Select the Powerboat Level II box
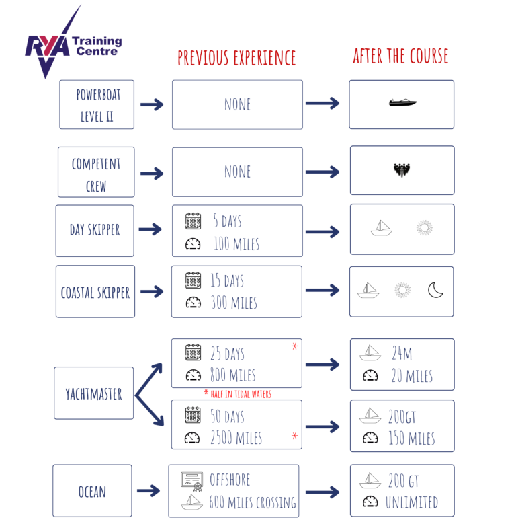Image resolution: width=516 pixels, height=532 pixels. [x=96, y=104]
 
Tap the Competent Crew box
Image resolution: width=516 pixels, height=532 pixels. [x=95, y=174]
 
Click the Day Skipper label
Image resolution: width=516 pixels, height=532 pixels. [x=95, y=230]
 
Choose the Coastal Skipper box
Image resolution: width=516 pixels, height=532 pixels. [x=95, y=292]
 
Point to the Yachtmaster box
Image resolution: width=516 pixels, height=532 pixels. [x=94, y=393]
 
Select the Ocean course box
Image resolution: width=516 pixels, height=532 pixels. [x=92, y=491]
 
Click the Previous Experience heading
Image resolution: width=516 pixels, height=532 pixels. [x=236, y=59]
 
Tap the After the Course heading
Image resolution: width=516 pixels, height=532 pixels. [x=401, y=56]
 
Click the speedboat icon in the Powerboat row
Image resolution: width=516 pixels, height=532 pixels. [x=402, y=103]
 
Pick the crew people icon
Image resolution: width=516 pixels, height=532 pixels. [x=402, y=170]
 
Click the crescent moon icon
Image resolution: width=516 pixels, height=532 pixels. [x=436, y=290]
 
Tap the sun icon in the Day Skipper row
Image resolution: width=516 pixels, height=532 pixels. [x=423, y=227]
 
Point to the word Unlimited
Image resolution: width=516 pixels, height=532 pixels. [x=411, y=502]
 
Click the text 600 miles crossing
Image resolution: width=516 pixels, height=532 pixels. [x=253, y=502]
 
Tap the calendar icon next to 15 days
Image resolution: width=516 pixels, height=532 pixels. [x=193, y=280]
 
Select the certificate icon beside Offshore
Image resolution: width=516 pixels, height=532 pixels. [x=192, y=480]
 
